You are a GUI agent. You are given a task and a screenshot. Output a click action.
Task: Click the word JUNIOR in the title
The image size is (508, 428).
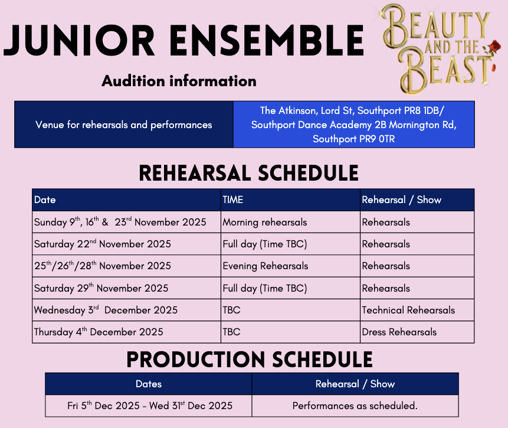pos(78,41)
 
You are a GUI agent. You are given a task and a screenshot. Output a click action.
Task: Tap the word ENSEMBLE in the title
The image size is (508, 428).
pos(267,41)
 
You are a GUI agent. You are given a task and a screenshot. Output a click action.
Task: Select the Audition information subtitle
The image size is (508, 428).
pos(179,81)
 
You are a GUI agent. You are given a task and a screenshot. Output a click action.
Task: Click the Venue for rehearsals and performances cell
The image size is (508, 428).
pos(124,125)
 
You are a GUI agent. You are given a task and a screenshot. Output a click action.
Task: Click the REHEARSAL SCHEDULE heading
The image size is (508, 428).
pos(249,173)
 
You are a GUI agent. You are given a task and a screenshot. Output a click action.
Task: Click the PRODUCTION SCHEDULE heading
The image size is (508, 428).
pos(250,360)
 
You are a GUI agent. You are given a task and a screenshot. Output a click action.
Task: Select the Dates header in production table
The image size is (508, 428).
pos(148,384)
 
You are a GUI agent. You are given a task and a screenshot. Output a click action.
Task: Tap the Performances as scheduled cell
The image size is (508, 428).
pos(355,406)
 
